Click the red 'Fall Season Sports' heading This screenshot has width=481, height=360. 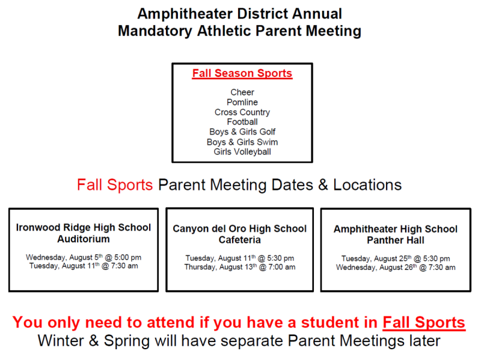[x=242, y=73]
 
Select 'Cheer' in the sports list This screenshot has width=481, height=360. [x=242, y=93]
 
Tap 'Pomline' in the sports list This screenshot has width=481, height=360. [x=242, y=102]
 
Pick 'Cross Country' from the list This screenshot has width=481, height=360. [x=242, y=112]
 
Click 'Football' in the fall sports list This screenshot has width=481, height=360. [x=242, y=122]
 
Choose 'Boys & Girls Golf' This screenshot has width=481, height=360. [x=242, y=132]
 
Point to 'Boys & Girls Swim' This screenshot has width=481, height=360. [x=242, y=142]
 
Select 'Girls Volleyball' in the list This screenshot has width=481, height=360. [x=242, y=152]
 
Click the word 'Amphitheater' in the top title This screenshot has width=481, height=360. [x=185, y=14]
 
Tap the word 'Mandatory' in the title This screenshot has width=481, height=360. [x=155, y=31]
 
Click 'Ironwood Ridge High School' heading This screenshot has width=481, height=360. [x=84, y=228]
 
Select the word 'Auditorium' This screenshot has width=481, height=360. [x=84, y=239]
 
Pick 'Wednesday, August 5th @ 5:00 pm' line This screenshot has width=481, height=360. [x=84, y=257]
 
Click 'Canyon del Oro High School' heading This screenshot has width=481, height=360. [x=239, y=229]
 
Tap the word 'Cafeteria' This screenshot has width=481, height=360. [x=239, y=240]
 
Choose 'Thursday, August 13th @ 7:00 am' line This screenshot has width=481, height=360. [x=239, y=267]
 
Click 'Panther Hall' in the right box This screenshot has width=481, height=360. [x=396, y=240]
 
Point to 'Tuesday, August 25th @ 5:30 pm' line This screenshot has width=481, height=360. [x=396, y=258]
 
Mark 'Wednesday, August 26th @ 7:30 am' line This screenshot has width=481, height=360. [x=396, y=267]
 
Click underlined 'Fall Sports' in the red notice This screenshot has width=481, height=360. [x=424, y=323]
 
